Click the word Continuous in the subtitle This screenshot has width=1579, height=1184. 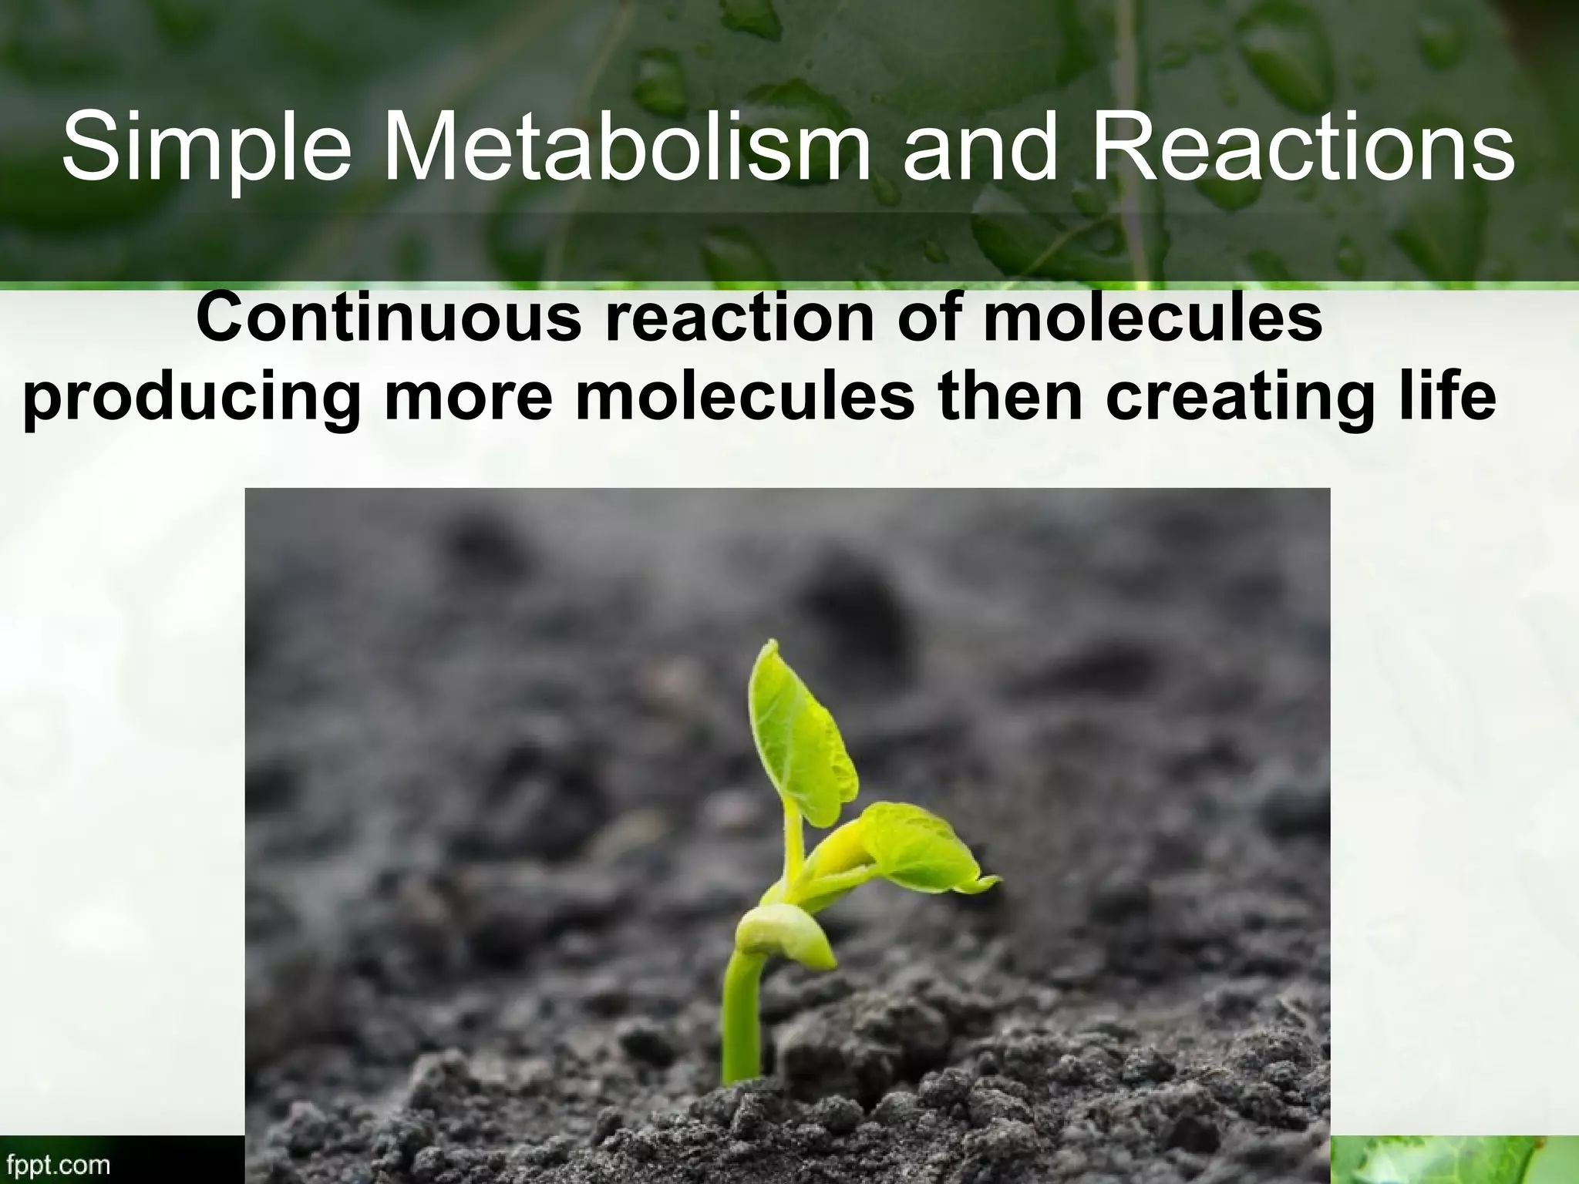tap(389, 318)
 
